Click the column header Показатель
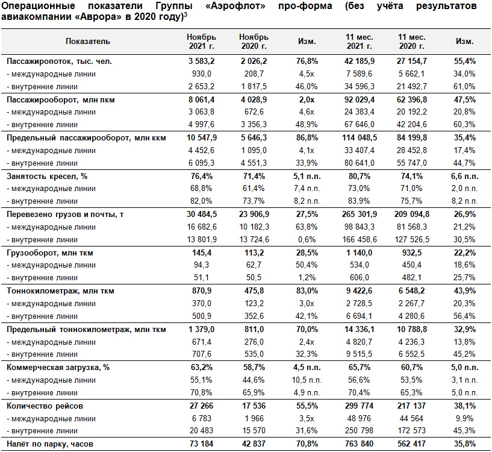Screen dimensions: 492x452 click(88, 42)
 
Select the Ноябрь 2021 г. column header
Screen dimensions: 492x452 click(202, 42)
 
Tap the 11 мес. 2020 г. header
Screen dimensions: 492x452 click(412, 42)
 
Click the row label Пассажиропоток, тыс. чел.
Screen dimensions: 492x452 click(59, 61)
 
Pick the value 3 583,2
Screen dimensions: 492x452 click(202, 61)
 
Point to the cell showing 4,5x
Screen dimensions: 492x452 click(307, 74)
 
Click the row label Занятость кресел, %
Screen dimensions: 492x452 click(47, 176)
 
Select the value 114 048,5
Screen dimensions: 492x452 click(360, 137)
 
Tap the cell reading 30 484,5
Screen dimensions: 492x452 click(202, 214)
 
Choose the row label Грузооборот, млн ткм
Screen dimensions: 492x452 click(50, 253)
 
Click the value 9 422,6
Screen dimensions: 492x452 click(360, 291)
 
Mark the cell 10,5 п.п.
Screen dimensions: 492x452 click(307, 380)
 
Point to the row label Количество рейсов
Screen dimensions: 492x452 click(45, 406)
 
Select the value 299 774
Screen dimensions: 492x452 click(360, 406)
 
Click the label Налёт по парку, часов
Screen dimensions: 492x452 click(50, 444)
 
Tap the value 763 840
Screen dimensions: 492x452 click(360, 444)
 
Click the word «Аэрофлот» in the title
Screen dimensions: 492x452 click(235, 5)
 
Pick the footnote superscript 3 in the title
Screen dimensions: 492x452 click(185, 14)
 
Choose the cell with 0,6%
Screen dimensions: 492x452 click(307, 239)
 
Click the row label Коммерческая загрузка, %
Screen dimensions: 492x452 click(58, 368)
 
